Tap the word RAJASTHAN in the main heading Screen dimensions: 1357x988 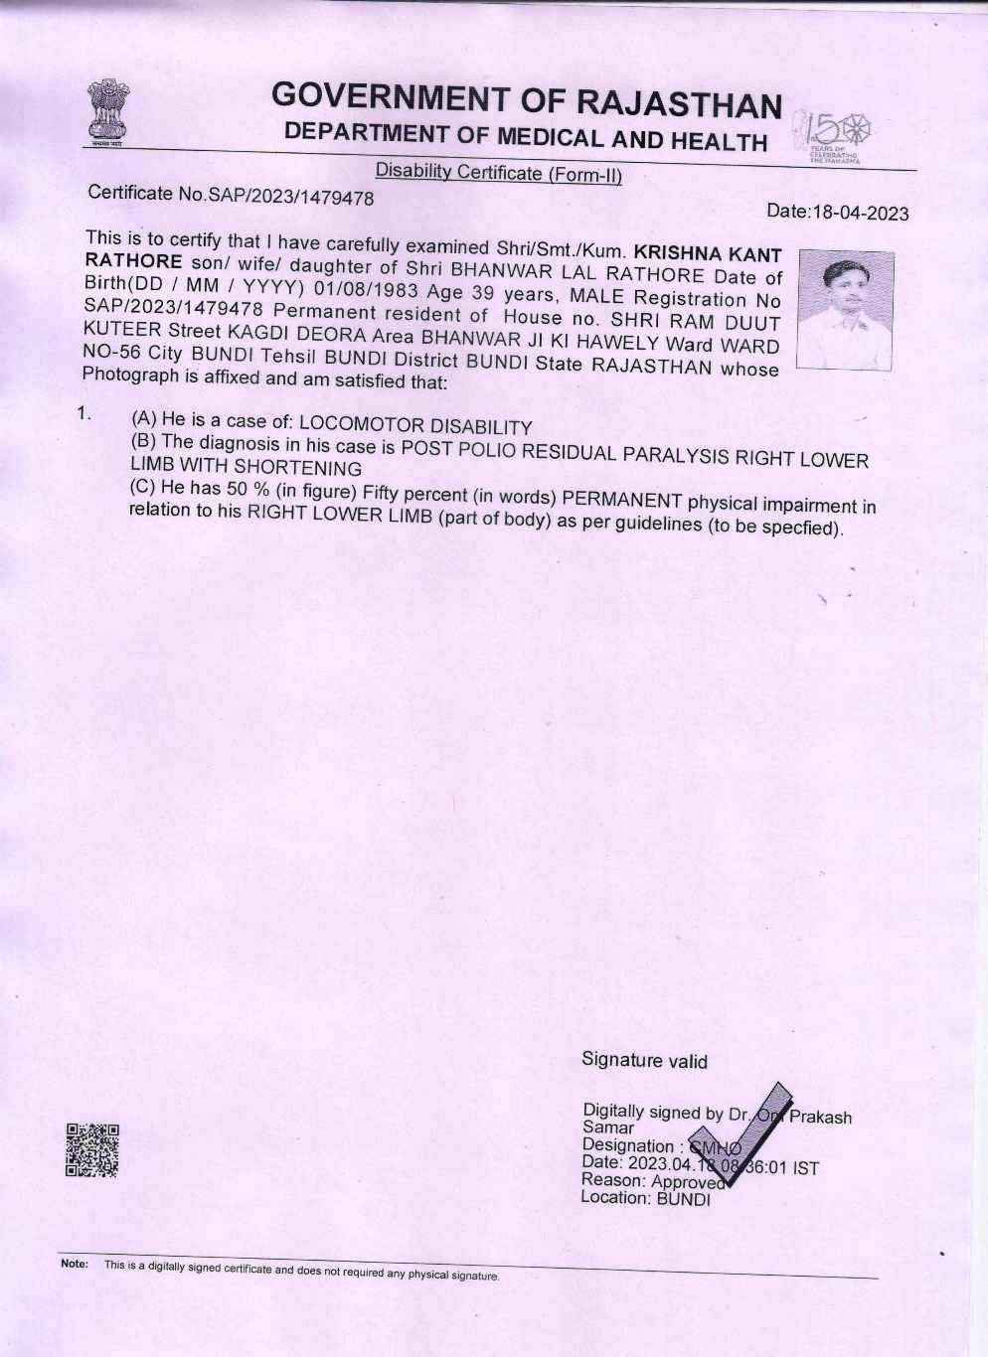[679, 104]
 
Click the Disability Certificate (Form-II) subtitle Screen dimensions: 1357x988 [498, 173]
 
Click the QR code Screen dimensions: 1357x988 [91, 1149]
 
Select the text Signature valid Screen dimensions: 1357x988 [644, 1061]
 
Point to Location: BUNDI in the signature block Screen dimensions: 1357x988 [645, 1198]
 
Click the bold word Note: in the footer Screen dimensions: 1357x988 [74, 1265]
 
